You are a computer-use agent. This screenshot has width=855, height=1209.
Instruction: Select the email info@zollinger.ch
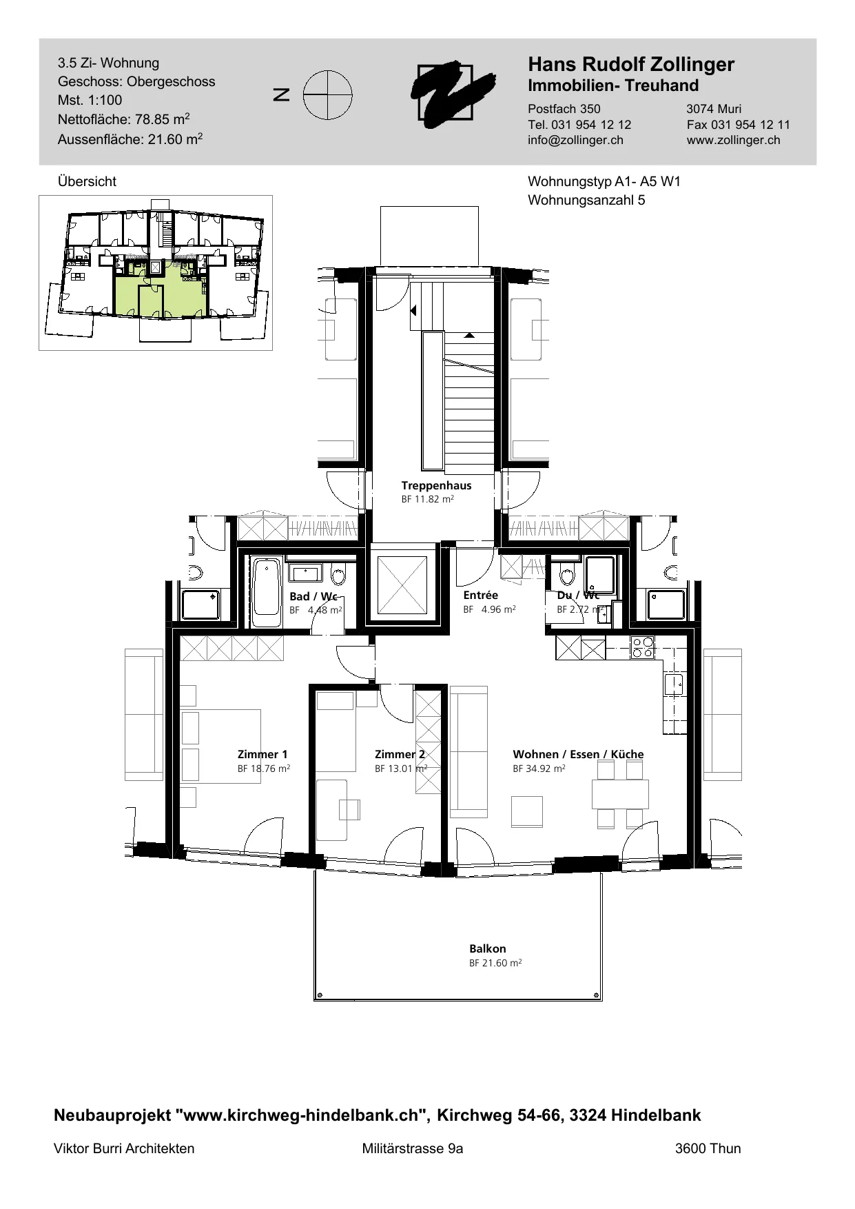575,140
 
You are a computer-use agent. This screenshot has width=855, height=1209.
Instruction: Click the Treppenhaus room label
436,485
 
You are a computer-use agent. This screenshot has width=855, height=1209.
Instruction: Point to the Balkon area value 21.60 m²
495,963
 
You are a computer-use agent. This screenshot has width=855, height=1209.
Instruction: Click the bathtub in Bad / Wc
267,592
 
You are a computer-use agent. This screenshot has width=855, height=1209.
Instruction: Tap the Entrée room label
480,595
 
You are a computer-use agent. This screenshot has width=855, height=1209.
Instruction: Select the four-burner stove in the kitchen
643,647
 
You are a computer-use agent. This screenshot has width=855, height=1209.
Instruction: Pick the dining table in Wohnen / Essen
620,794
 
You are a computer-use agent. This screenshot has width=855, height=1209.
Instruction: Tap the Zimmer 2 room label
400,754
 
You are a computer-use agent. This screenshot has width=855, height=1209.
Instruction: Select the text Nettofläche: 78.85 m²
124,119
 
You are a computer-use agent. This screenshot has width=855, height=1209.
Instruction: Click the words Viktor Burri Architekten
124,1148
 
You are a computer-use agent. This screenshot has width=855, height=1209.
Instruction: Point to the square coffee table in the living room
527,811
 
